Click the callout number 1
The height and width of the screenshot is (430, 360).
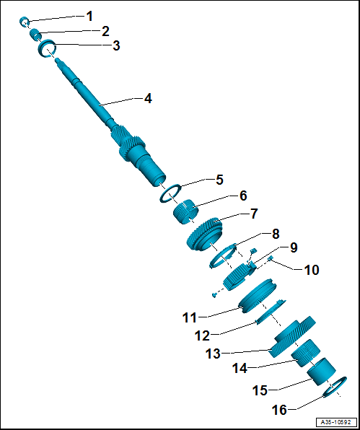coord(89,17)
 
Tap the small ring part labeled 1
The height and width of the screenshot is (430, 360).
coord(24,21)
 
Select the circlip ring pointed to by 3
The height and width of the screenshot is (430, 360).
coord(47,48)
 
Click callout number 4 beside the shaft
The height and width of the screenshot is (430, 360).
coord(148,98)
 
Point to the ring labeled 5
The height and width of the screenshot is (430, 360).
coord(170,193)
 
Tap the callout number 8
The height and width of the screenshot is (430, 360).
coord(275,234)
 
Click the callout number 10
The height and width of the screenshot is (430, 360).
coord(312,270)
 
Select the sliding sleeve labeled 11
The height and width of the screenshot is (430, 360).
coord(258,296)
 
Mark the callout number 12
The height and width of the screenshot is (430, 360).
coord(202,335)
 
